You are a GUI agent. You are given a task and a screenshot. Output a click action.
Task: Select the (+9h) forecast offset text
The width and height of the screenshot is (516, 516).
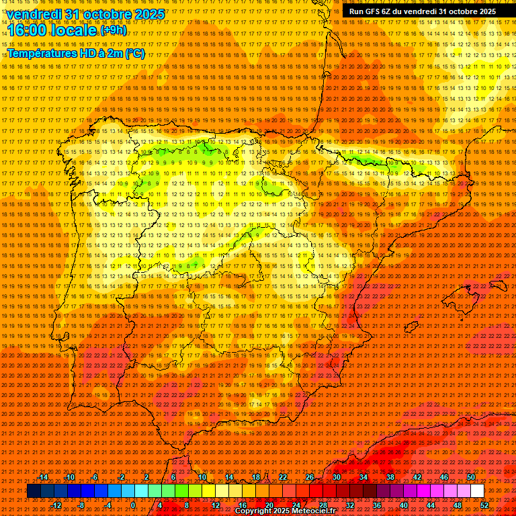[x=113, y=30]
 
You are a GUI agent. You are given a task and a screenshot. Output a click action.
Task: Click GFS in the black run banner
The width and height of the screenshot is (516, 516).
[x=374, y=11]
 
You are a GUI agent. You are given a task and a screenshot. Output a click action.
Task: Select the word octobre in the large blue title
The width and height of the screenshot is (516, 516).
[x=104, y=14]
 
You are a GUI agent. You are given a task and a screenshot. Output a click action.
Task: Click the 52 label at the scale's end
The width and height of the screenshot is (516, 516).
[x=484, y=505]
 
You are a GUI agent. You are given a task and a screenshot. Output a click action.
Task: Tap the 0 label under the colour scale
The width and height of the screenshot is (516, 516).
[x=133, y=505]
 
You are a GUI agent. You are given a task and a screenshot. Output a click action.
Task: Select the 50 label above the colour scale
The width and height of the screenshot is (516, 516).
[x=471, y=477]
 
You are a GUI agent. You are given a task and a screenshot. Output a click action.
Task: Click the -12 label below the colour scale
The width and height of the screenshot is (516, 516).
[x=56, y=505]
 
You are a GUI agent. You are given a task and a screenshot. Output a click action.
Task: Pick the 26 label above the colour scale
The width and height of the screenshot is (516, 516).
[x=310, y=477]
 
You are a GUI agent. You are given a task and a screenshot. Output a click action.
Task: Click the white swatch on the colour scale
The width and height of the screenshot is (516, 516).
[x=477, y=491]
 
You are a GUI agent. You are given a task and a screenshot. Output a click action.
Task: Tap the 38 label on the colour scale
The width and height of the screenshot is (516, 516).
[x=390, y=477]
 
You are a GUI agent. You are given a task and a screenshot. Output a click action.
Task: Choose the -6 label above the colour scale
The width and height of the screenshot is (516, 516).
[x=95, y=477]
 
